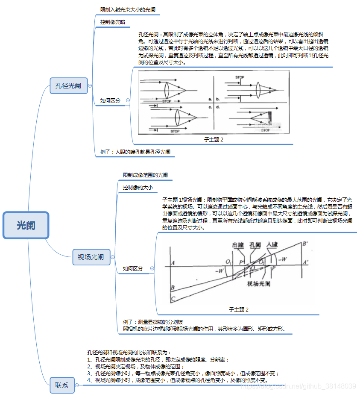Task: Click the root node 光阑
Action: (x=26, y=225)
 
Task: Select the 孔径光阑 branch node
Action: (x=68, y=85)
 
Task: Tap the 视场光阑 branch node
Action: (x=91, y=257)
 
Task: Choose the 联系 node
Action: (x=62, y=385)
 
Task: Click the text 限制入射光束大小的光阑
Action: (x=129, y=9)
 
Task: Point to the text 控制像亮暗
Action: (x=112, y=22)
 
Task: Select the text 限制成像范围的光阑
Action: (x=145, y=175)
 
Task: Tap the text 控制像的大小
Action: (x=138, y=187)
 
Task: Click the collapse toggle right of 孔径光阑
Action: (x=90, y=85)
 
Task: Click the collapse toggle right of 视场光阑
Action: (x=113, y=257)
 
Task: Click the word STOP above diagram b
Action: (x=240, y=78)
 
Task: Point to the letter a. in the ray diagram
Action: (x=210, y=99)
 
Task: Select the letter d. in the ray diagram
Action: (x=218, y=107)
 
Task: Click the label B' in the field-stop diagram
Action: (x=305, y=244)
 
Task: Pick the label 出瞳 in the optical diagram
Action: (x=238, y=244)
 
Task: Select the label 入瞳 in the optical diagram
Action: (x=272, y=244)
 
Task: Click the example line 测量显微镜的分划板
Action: (x=153, y=322)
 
